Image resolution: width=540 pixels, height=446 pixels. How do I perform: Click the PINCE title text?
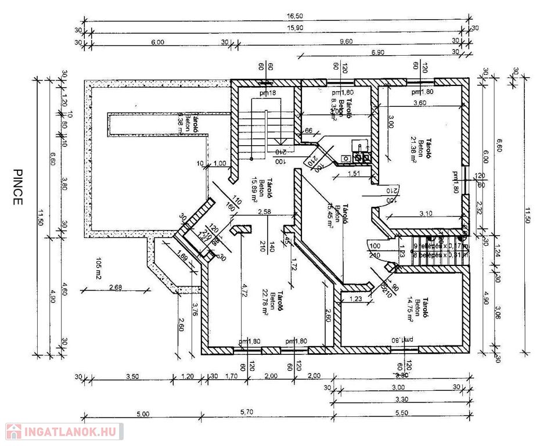[17, 187]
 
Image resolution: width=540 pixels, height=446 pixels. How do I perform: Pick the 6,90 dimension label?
[377, 52]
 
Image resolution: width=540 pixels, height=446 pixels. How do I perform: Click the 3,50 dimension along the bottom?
[132, 376]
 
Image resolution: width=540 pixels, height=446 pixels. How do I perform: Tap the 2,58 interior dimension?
[265, 212]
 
